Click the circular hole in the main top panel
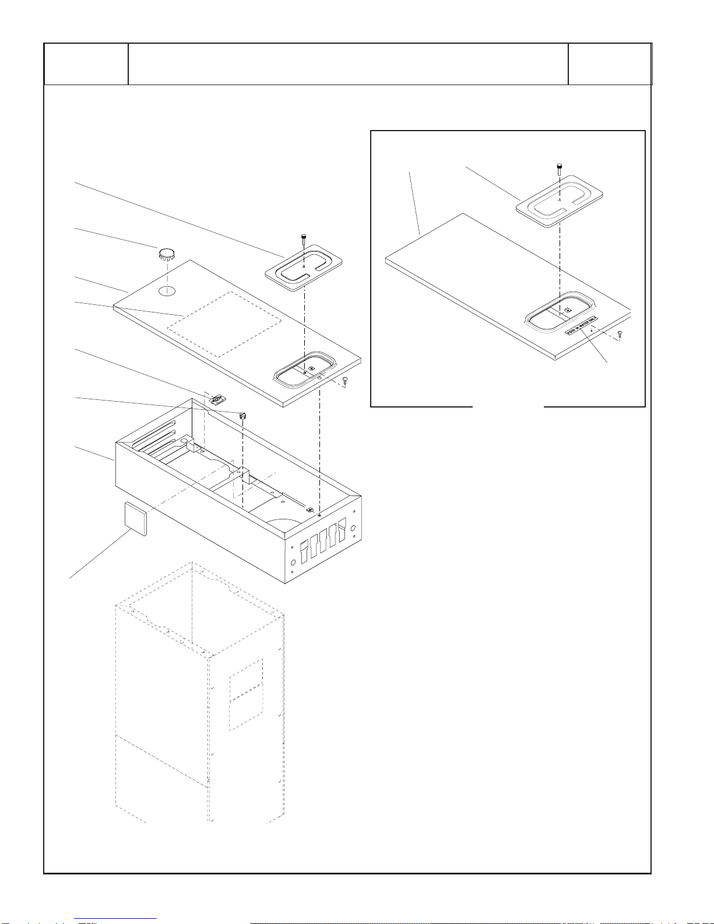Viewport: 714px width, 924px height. (x=167, y=290)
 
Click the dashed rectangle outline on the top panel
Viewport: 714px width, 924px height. (x=225, y=324)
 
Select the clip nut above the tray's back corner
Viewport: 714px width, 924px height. (x=217, y=399)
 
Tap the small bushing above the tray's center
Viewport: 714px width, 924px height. (x=242, y=415)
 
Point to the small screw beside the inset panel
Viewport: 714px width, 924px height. (x=620, y=333)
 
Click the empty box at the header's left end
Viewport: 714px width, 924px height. (x=86, y=64)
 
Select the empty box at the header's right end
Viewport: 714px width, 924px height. (x=610, y=64)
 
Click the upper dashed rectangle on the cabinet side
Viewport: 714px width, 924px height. (x=246, y=679)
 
